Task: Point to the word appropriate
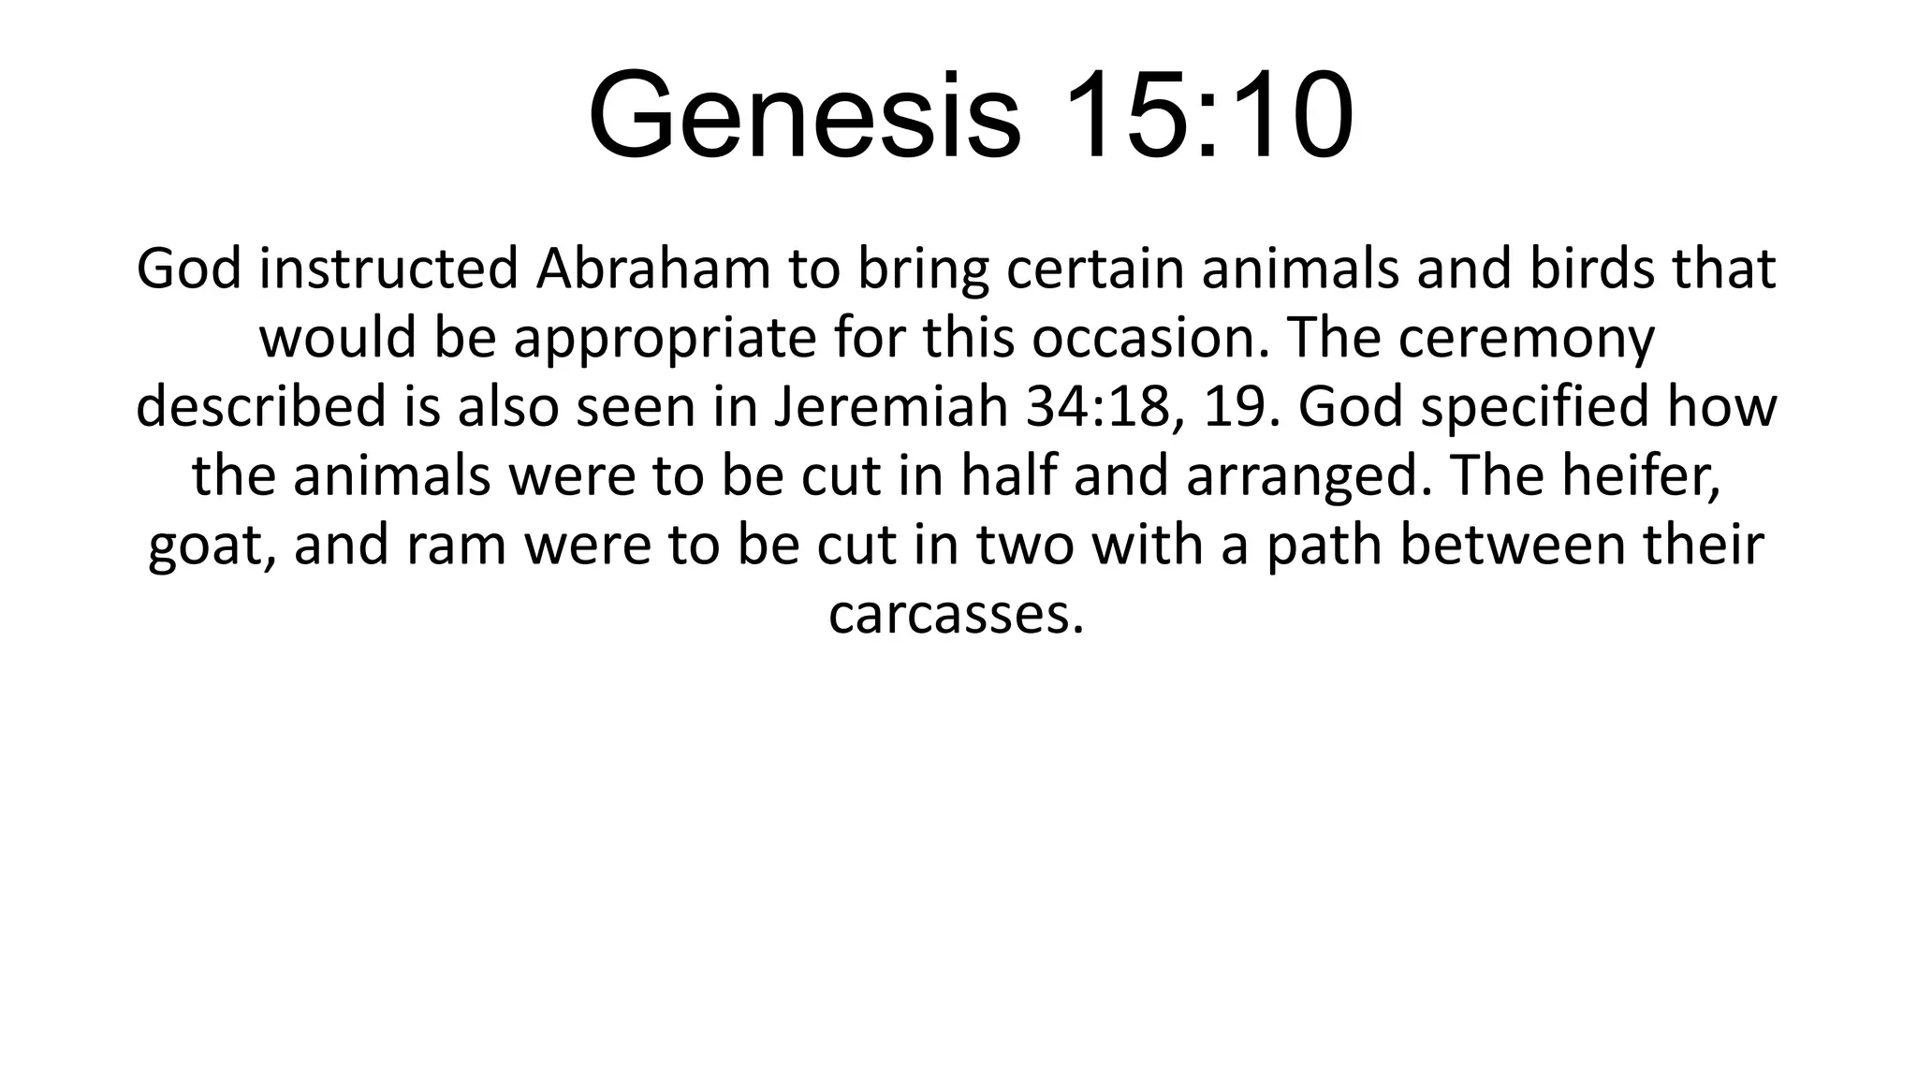665,339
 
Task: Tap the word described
261,407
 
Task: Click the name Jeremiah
892,407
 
